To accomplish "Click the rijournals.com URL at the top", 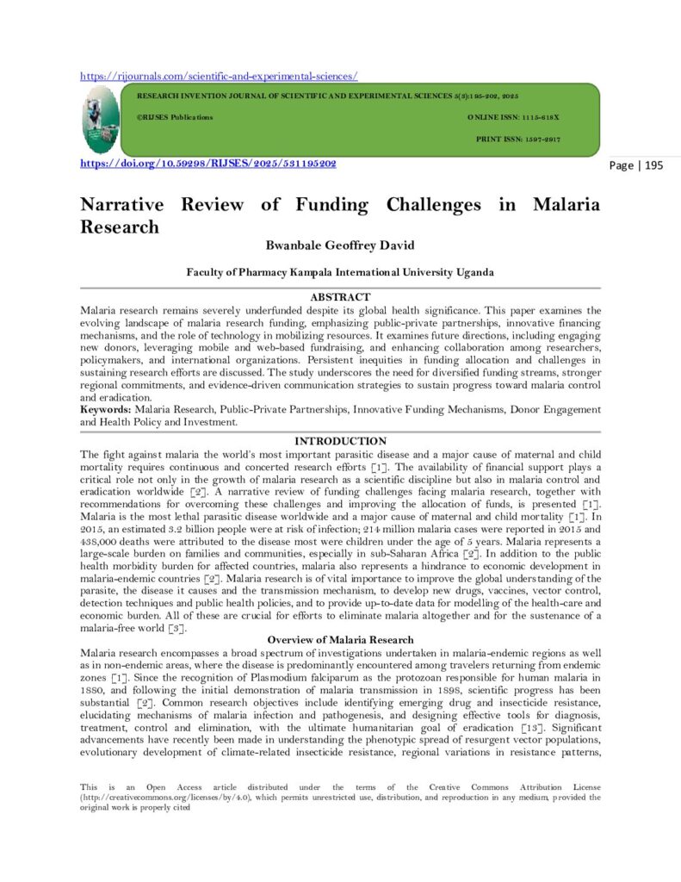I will click(219, 76).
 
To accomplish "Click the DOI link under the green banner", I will click(207, 164).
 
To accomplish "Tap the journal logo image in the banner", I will click(102, 121).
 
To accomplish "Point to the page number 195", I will click(636, 165).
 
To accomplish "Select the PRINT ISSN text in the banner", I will click(518, 139).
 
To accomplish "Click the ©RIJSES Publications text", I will click(175, 116).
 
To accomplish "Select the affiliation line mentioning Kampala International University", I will click(340, 272).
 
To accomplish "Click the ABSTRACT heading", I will click(340, 297).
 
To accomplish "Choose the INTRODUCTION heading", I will click(340, 441).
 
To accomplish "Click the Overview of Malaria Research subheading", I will click(340, 640).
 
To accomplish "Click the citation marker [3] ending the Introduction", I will click(174, 629).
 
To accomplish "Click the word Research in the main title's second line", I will click(120, 227).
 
